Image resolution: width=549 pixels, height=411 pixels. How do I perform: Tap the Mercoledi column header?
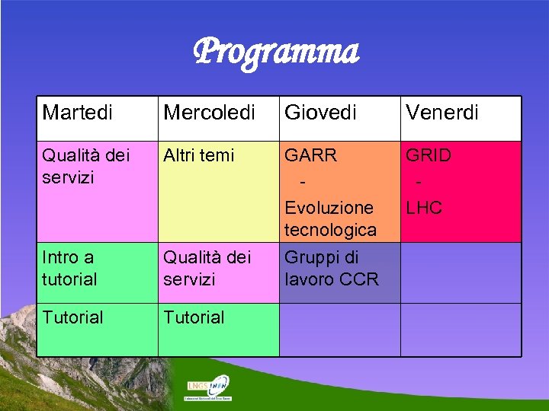(209, 113)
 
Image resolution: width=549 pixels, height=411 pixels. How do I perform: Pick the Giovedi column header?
(320, 113)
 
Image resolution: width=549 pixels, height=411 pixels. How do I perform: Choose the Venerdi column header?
(442, 113)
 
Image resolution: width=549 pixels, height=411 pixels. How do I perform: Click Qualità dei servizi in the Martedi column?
(86, 166)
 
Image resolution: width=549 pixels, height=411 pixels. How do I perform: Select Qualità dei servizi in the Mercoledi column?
(207, 268)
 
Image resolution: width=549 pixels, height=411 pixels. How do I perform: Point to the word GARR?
(310, 156)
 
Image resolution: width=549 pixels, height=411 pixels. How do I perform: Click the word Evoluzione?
(329, 208)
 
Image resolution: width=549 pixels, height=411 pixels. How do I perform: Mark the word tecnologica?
(330, 229)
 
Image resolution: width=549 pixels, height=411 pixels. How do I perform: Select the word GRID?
(429, 156)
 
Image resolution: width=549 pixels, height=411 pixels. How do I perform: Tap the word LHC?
(424, 208)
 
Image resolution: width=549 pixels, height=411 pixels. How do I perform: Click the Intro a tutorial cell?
(70, 268)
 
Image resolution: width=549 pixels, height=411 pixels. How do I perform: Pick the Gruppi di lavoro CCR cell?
(332, 268)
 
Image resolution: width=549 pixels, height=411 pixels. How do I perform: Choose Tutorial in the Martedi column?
(73, 317)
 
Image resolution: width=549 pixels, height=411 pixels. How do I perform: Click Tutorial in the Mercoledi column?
(194, 317)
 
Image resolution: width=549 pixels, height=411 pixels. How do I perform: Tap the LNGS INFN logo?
(208, 387)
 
